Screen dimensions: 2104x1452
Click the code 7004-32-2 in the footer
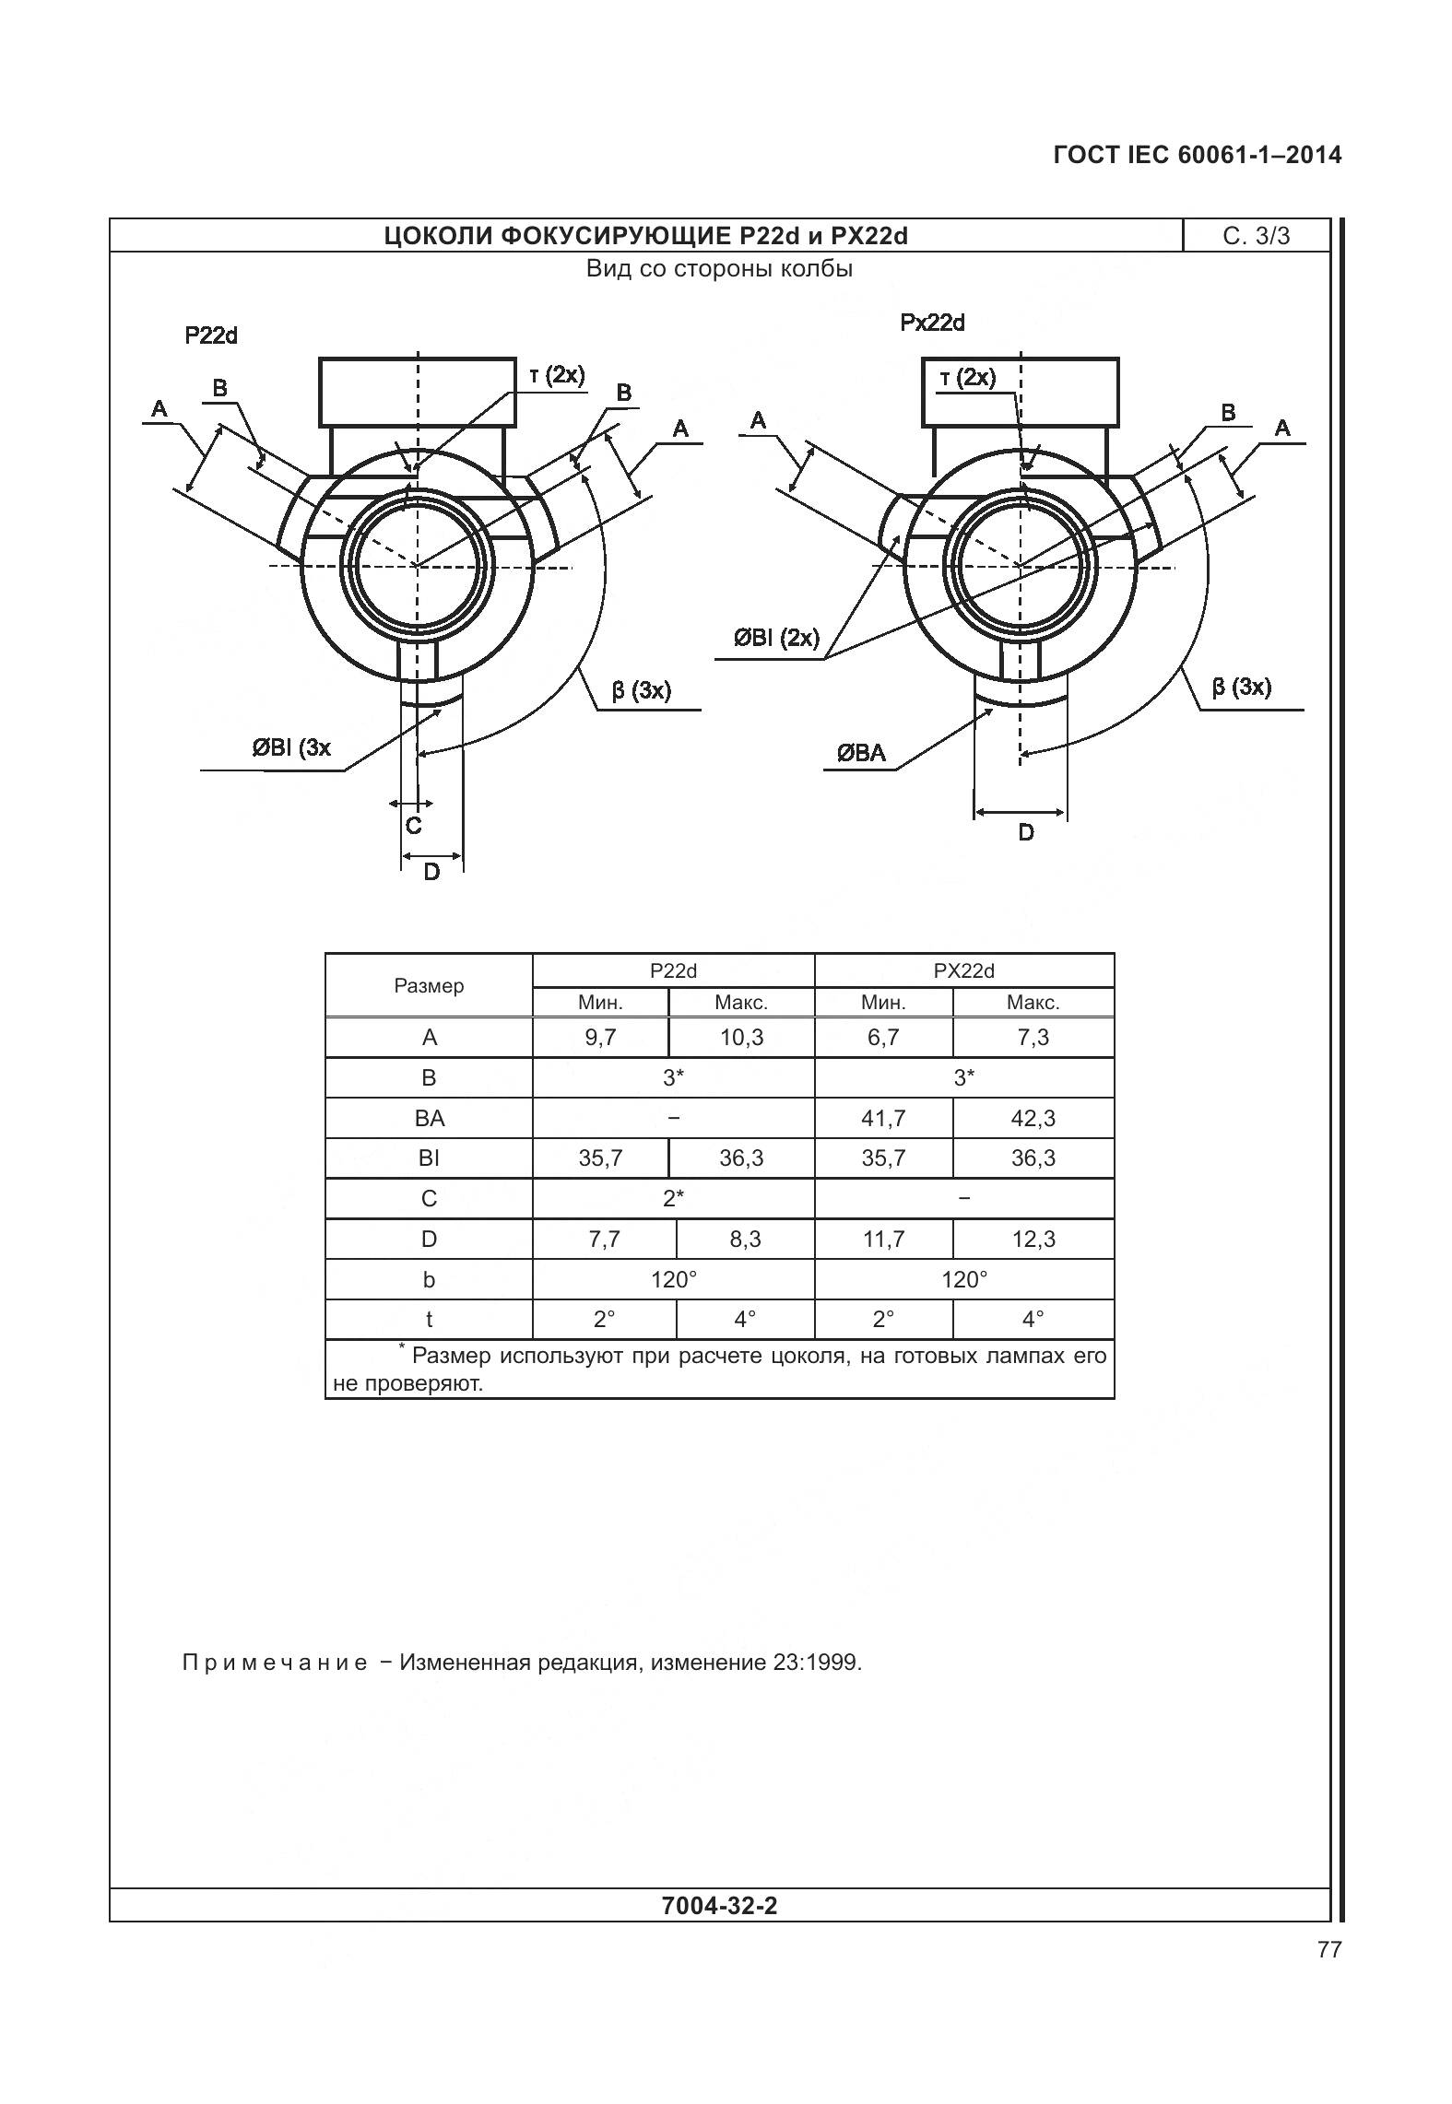[719, 1905]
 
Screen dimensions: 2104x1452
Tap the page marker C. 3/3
[1256, 237]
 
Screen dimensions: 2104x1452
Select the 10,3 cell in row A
[741, 1038]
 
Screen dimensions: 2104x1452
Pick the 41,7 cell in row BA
[883, 1118]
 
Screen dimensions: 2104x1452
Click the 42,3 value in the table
[1033, 1118]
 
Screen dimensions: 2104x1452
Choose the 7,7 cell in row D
[604, 1239]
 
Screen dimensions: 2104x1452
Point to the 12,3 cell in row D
[1033, 1239]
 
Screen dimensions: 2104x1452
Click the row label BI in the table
[429, 1158]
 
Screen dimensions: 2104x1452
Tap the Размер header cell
[429, 986]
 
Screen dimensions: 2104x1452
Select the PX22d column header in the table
[963, 970]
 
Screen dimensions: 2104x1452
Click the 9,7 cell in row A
[600, 1038]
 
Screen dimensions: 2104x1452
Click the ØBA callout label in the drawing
[861, 753]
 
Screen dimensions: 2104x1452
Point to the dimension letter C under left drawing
[414, 826]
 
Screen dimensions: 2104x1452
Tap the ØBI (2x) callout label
[776, 638]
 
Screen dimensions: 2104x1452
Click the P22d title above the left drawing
[211, 335]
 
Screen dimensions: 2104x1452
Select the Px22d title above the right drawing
[932, 323]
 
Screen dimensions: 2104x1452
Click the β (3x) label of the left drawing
[641, 690]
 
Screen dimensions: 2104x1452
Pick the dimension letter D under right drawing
[1026, 832]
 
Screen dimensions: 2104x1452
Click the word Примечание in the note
[275, 1663]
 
